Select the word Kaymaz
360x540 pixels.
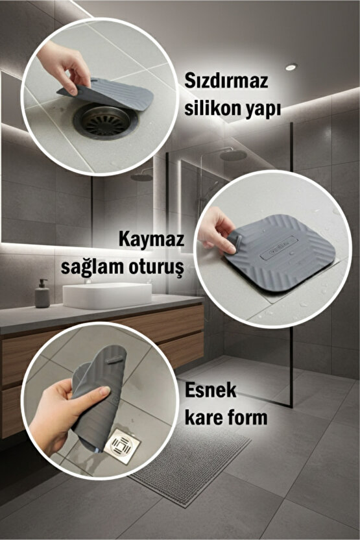152,239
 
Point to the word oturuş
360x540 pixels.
158,265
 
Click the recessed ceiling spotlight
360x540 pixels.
291,66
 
